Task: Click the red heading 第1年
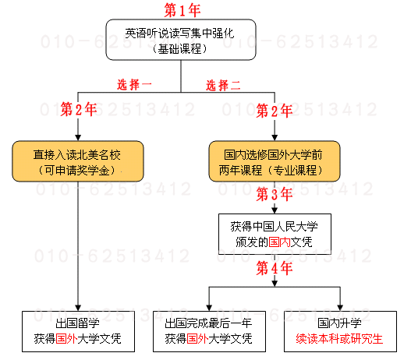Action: coord(182,10)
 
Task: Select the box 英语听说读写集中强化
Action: coord(181,40)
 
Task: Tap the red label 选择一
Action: coord(134,85)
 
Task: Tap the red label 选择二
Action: coord(223,86)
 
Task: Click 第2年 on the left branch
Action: coord(79,109)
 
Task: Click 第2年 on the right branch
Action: coord(275,111)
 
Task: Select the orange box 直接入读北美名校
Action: coord(78,161)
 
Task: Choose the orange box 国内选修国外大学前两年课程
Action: coord(275,161)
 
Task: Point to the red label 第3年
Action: coord(275,194)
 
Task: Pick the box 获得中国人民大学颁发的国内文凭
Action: coord(275,234)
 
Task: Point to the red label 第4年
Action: coord(275,268)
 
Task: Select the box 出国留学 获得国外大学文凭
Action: coord(78,331)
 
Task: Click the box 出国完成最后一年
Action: coord(209,331)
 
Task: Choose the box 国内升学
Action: coord(340,331)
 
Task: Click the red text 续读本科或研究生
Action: coord(339,339)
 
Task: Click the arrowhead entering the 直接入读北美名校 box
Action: coord(78,138)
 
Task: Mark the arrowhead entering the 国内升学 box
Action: coord(340,308)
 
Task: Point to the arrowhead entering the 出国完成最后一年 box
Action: coord(209,308)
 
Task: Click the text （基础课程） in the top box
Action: coord(180,49)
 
